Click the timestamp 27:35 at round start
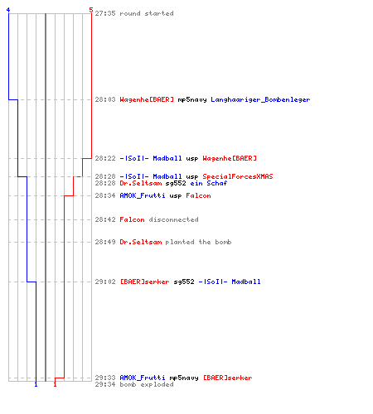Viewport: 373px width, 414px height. point(105,13)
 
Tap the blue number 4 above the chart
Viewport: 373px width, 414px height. point(8,10)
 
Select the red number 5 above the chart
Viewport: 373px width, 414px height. point(91,10)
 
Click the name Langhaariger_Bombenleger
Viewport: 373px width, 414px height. point(260,99)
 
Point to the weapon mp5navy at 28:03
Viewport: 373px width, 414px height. point(192,100)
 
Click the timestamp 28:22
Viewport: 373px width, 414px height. point(105,158)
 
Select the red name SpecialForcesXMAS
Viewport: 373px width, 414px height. point(238,176)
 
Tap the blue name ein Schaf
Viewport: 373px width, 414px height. point(209,183)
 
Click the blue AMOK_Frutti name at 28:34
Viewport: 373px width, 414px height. point(143,195)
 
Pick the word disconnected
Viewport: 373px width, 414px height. point(173,219)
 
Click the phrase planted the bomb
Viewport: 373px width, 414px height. point(198,242)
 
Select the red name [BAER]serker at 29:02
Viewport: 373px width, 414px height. point(144,282)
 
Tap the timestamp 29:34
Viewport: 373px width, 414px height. point(105,384)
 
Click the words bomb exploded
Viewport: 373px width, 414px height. point(147,384)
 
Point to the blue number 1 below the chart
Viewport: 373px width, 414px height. point(36,384)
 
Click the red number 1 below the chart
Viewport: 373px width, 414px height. point(55,384)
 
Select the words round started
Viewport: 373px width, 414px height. point(147,13)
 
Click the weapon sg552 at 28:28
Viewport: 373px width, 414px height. point(176,183)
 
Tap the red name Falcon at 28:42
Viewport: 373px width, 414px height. point(132,219)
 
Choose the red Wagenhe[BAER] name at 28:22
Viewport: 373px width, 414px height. point(230,158)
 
